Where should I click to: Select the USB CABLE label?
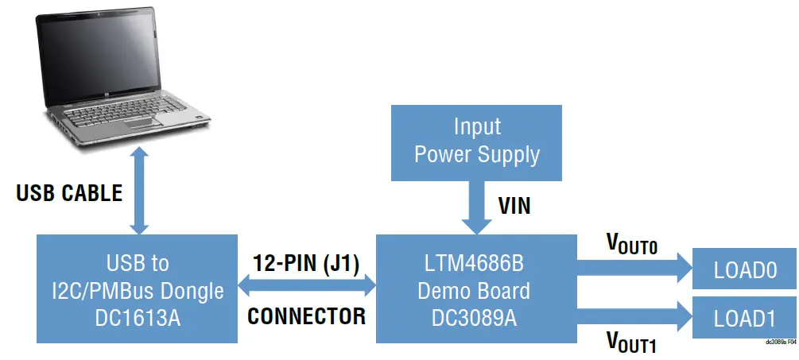point(70,193)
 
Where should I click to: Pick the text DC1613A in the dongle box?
point(138,319)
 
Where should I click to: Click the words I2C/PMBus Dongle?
point(138,291)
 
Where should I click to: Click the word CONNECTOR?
point(306,316)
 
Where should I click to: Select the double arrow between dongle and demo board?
point(306,288)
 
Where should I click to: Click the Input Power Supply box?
point(476,141)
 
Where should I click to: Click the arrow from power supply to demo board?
point(476,206)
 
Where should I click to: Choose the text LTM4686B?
point(474,262)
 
